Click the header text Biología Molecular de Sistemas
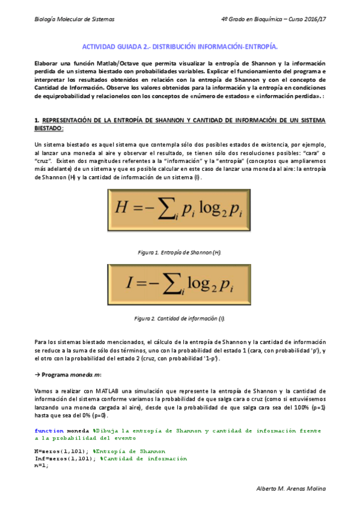[x=75, y=19]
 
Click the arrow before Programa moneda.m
[x=38, y=375]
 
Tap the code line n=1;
[x=41, y=465]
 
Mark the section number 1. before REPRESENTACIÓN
[x=37, y=120]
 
